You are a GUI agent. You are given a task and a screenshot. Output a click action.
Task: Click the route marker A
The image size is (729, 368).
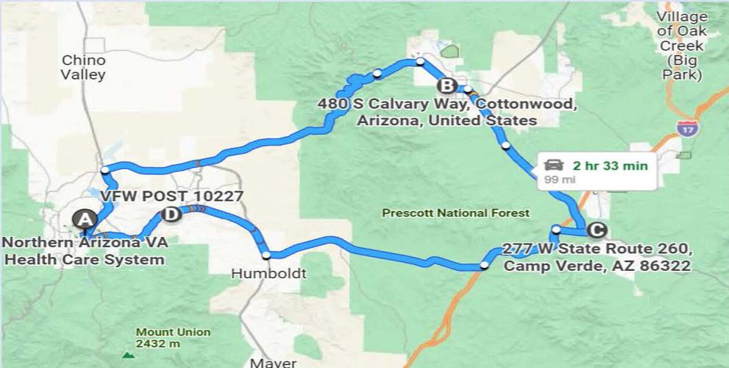coord(85,219)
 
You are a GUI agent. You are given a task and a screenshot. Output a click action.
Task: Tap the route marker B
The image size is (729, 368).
coord(449,85)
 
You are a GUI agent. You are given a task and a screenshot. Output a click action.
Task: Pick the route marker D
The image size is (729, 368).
coord(170,214)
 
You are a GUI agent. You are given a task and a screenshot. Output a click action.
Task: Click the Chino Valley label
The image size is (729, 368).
coord(83,67)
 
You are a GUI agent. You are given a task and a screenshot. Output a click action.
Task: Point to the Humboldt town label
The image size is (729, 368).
coord(268,274)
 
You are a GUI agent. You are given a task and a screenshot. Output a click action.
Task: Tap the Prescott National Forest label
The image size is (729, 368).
coord(455,213)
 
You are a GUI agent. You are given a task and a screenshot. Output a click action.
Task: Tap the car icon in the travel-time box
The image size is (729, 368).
coord(555,165)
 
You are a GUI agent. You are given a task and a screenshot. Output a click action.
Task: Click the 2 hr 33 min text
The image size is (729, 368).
coord(611,166)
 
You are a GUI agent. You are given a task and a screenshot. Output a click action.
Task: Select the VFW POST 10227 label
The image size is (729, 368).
coord(171,196)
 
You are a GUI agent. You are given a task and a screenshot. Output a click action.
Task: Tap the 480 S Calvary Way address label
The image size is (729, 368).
coord(447,112)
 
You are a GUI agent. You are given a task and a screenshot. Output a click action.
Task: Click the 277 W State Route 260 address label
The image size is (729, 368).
coord(597,257)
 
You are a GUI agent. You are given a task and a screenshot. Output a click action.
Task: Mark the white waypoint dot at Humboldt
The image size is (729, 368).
coord(266,255)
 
